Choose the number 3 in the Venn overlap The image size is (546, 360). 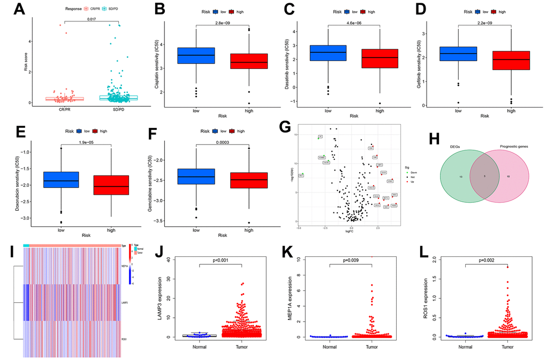[x=484, y=175]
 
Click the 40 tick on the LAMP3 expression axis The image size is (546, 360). [x=169, y=259]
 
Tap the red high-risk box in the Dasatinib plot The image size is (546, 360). [x=380, y=58]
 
